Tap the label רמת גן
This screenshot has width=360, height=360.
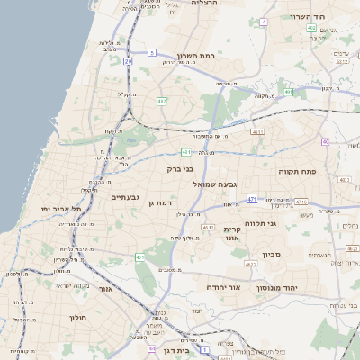pyautogui.click(x=159, y=203)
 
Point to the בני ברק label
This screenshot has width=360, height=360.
pyautogui.click(x=182, y=166)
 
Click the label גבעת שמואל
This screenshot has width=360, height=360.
pyautogui.click(x=215, y=184)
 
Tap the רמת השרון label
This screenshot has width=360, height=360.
pyautogui.click(x=195, y=55)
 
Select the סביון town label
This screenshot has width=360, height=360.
pyautogui.click(x=272, y=255)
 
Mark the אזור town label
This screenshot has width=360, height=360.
pyautogui.click(x=103, y=290)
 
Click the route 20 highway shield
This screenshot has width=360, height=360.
pyautogui.click(x=129, y=61)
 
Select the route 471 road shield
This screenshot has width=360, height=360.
pyautogui.click(x=252, y=199)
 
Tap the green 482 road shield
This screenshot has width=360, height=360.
pyautogui.click(x=161, y=101)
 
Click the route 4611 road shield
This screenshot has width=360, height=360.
pyautogui.click(x=257, y=132)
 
